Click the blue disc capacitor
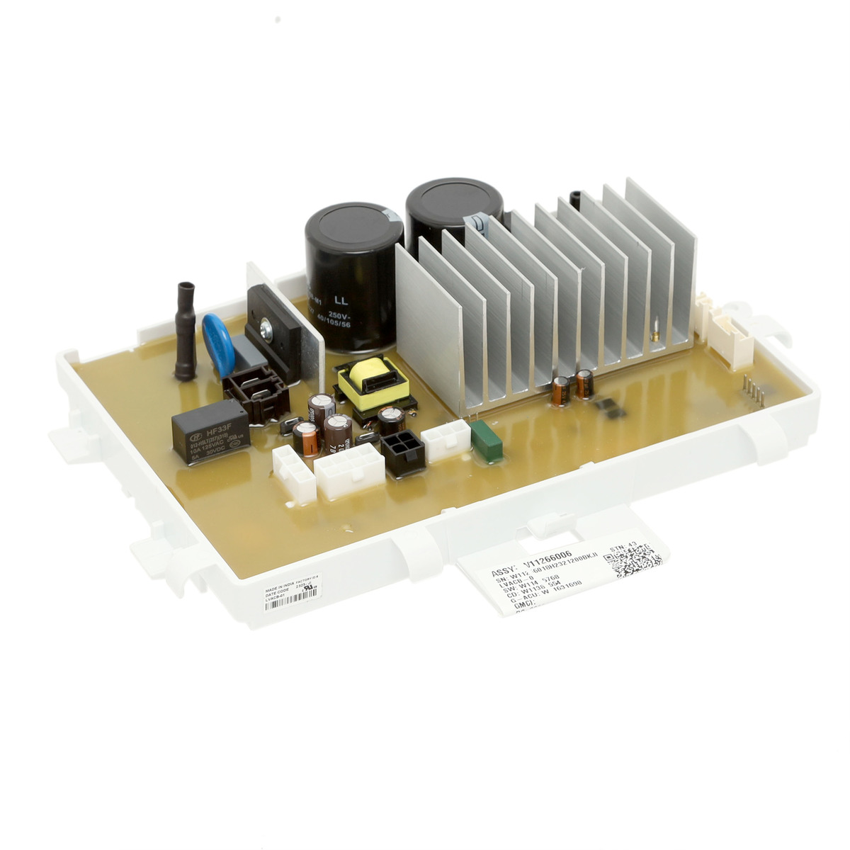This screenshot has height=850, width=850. (217, 344)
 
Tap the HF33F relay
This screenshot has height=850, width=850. (210, 432)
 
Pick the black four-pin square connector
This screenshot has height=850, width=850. (403, 452)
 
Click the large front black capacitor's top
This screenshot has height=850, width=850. (354, 227)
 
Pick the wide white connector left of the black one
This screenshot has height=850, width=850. (349, 472)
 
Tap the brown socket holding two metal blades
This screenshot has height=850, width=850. (256, 395)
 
